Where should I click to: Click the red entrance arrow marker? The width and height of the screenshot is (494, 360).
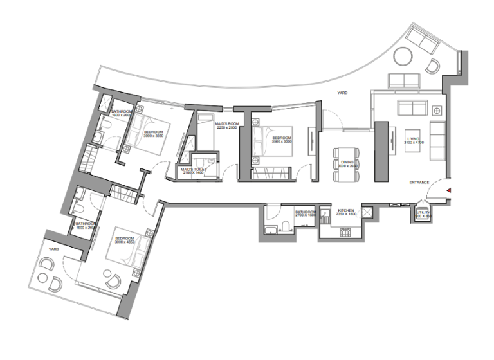[x=450, y=190]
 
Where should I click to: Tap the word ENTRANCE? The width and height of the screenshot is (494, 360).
[x=419, y=183]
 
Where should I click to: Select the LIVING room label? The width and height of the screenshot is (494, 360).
[x=413, y=138]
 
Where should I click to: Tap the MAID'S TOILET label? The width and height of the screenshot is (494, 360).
[x=192, y=169]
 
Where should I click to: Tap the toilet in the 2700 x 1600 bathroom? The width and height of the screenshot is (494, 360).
[x=284, y=227]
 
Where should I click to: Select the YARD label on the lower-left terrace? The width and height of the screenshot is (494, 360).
[x=54, y=249]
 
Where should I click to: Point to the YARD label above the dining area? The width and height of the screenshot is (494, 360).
[x=343, y=93]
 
